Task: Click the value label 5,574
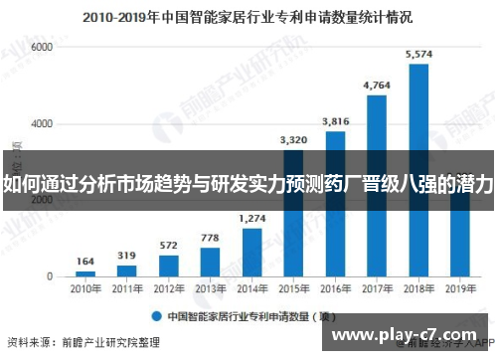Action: (418, 53)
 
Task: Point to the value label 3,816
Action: (335, 121)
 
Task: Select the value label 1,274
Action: (252, 218)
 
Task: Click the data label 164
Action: (86, 262)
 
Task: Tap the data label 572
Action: (169, 245)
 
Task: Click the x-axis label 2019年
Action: (459, 290)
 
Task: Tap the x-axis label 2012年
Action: (169, 290)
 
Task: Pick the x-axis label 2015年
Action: (293, 290)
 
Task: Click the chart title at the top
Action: (248, 16)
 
